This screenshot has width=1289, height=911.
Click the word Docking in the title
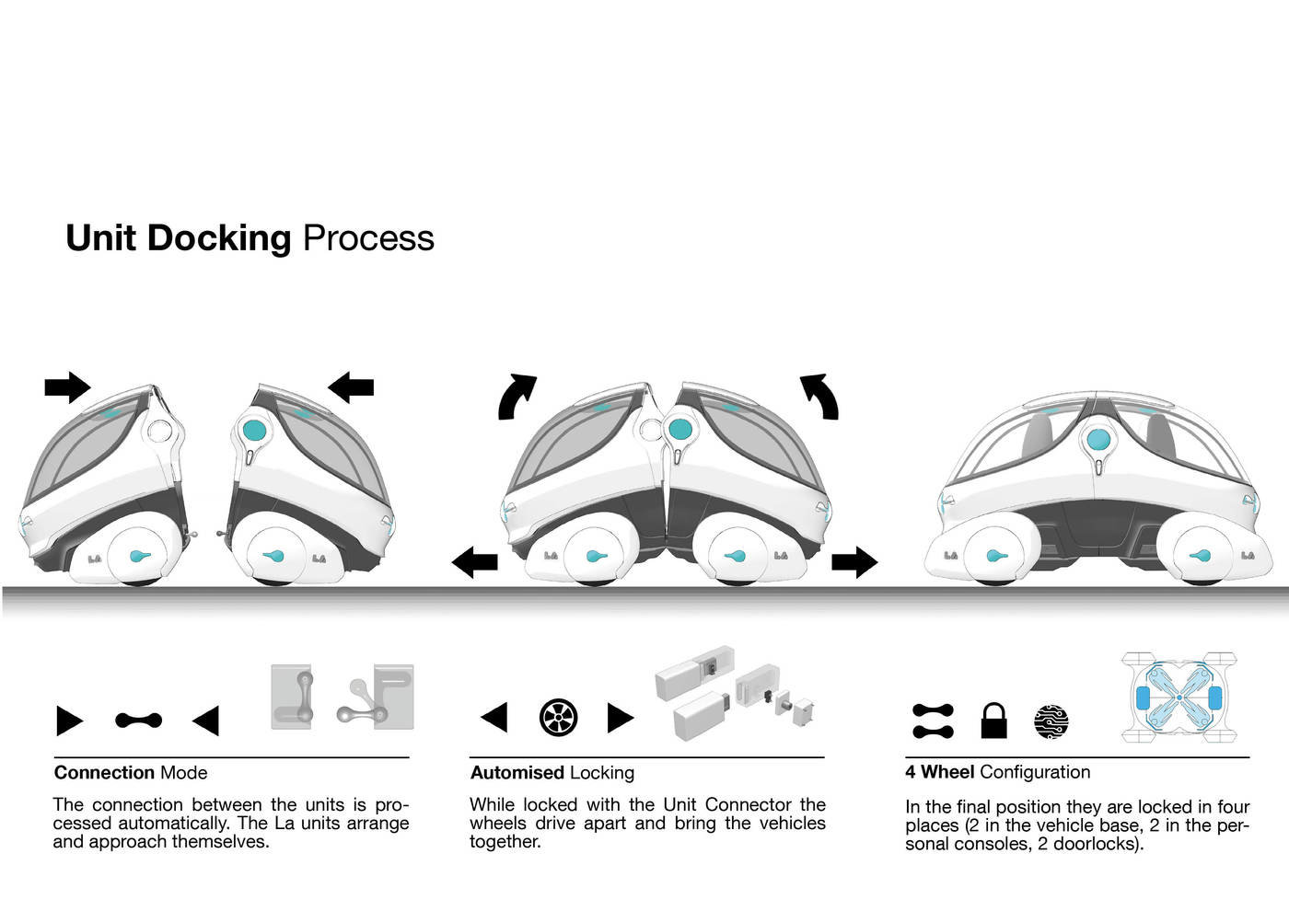tap(219, 238)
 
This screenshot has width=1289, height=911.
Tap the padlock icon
tap(993, 721)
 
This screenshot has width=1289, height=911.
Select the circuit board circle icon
tap(1051, 721)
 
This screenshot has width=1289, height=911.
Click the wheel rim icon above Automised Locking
tap(558, 717)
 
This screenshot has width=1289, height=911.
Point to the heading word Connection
tap(104, 773)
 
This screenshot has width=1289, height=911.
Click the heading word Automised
tap(517, 773)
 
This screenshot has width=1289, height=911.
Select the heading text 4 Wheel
tap(939, 772)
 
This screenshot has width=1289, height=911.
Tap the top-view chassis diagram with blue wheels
tap(1179, 698)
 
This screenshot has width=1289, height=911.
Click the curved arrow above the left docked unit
tap(516, 397)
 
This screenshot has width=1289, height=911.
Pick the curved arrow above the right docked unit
tap(820, 396)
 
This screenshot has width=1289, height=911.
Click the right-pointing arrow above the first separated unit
tap(67, 387)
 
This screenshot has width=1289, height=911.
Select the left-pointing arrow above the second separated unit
tap(351, 387)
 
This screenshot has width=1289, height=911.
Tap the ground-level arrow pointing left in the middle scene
tap(474, 560)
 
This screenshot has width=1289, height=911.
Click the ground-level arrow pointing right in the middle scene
tap(854, 561)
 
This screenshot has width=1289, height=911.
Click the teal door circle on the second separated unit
tap(254, 431)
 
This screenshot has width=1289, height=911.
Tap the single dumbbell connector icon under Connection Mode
tap(138, 720)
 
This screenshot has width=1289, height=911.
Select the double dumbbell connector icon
tap(933, 721)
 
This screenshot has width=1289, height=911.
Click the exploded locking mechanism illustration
tap(734, 693)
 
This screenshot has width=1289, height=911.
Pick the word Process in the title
tap(368, 238)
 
